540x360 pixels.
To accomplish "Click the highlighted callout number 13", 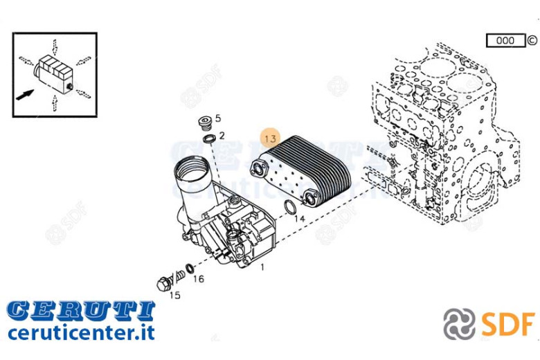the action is pyautogui.click(x=271, y=138).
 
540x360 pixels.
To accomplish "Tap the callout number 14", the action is pyautogui.click(x=300, y=218).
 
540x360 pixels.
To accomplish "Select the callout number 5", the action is pyautogui.click(x=218, y=118).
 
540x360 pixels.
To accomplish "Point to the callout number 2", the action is pyautogui.click(x=222, y=136).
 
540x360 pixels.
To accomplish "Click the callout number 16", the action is pyautogui.click(x=199, y=278).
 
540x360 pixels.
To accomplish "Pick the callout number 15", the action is pyautogui.click(x=174, y=295).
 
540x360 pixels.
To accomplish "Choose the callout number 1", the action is pyautogui.click(x=262, y=267).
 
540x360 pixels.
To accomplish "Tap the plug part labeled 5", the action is pyautogui.click(x=206, y=123).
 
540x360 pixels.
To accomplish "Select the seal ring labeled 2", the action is pyautogui.click(x=209, y=139).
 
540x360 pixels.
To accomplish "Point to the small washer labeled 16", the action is pyautogui.click(x=189, y=267).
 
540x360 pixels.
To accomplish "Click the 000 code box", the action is pyautogui.click(x=505, y=41).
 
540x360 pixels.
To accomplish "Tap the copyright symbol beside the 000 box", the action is pyautogui.click(x=532, y=41).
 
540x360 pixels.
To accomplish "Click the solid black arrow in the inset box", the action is pyautogui.click(x=25, y=95).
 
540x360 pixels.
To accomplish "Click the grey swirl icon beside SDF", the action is pyautogui.click(x=459, y=324).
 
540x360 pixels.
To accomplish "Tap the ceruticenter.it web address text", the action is pyautogui.click(x=81, y=332).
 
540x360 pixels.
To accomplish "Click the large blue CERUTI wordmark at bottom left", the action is pyautogui.click(x=81, y=310).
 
